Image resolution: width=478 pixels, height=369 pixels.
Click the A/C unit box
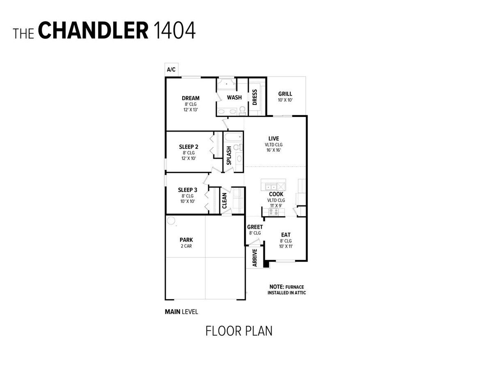[172, 70]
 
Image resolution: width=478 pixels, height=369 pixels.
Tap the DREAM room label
[190, 98]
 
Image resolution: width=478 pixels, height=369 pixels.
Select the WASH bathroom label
[234, 98]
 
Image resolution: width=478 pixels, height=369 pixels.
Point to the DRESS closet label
[255, 97]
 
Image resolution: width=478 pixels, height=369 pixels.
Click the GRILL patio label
[285, 94]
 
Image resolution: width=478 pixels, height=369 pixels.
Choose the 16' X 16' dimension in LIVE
[273, 150]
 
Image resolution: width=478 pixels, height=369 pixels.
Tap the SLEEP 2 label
[188, 147]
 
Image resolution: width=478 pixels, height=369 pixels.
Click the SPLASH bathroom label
[229, 156]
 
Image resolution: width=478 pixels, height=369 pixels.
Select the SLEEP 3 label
[188, 190]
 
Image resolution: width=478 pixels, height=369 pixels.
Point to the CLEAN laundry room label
[224, 200]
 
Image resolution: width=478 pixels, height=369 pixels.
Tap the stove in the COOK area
[273, 212]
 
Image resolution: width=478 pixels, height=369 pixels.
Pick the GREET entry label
[255, 227]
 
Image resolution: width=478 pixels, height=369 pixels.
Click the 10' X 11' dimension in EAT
[286, 246]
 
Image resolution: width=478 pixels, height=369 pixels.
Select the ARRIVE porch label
[255, 258]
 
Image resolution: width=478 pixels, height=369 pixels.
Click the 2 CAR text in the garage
[186, 246]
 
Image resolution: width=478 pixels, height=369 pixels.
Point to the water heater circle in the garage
[171, 221]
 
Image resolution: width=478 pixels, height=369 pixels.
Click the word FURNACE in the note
[295, 287]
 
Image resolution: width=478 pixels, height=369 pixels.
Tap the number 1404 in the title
[174, 30]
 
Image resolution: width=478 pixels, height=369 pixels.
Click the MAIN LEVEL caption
[181, 312]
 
